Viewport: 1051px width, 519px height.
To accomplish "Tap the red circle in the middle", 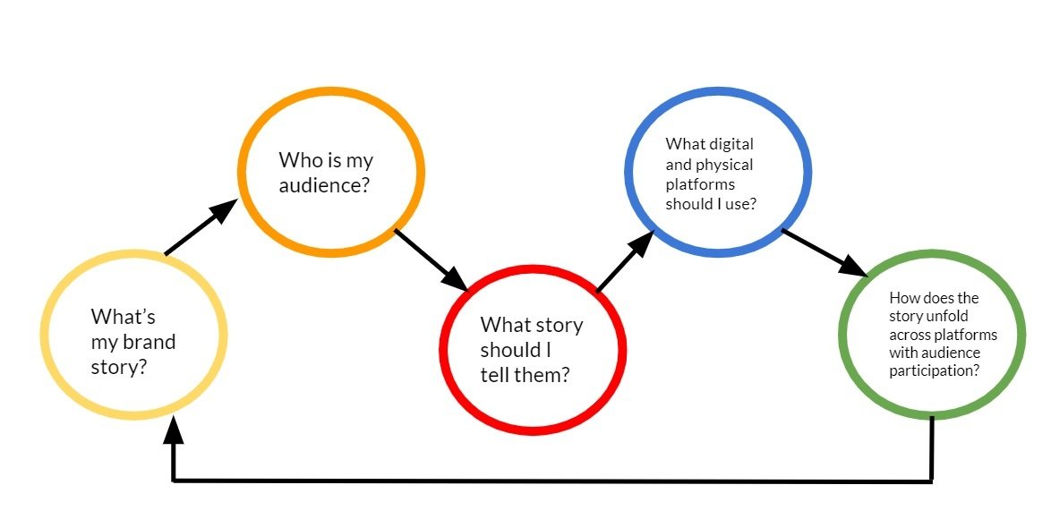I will pos(533,349).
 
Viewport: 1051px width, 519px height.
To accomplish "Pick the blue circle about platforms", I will pos(718,172).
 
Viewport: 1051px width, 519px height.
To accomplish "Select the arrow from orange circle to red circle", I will pos(431,259).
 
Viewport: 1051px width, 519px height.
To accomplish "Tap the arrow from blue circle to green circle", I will pos(825,252).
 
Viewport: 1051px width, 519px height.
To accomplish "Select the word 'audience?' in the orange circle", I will pos(326,187).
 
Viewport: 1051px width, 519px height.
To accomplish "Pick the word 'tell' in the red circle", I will pos(494,374).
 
